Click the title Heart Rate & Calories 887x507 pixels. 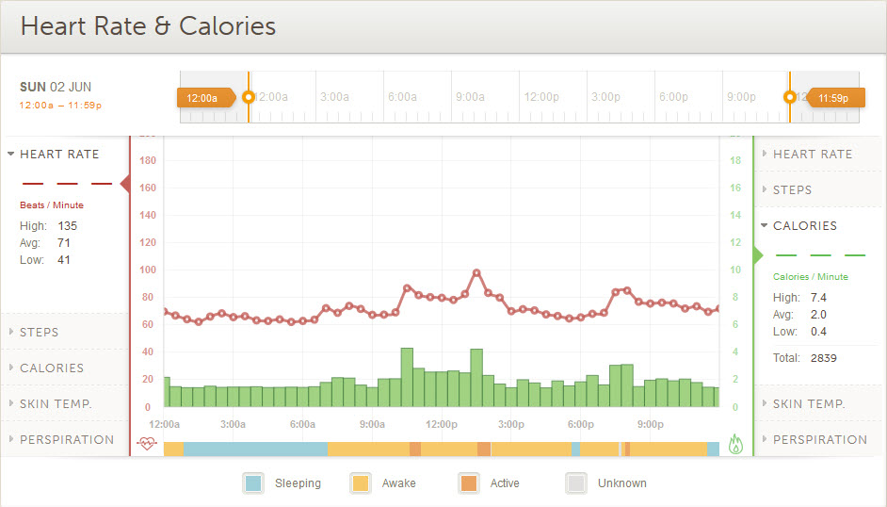tap(148, 26)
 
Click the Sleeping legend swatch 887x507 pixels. tap(252, 483)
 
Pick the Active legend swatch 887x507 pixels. tap(468, 483)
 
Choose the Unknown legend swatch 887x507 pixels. tap(575, 483)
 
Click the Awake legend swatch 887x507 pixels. tap(360, 483)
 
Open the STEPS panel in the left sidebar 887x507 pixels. tap(40, 332)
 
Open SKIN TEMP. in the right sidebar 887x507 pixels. tap(808, 403)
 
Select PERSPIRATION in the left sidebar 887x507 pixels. tap(66, 439)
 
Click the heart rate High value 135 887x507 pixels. tap(67, 226)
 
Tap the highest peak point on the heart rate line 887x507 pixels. tap(476, 273)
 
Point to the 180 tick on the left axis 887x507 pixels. tap(147, 160)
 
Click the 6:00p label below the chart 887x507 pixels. tap(581, 424)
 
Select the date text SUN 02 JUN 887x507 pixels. tap(56, 87)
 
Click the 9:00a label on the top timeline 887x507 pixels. tap(470, 96)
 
